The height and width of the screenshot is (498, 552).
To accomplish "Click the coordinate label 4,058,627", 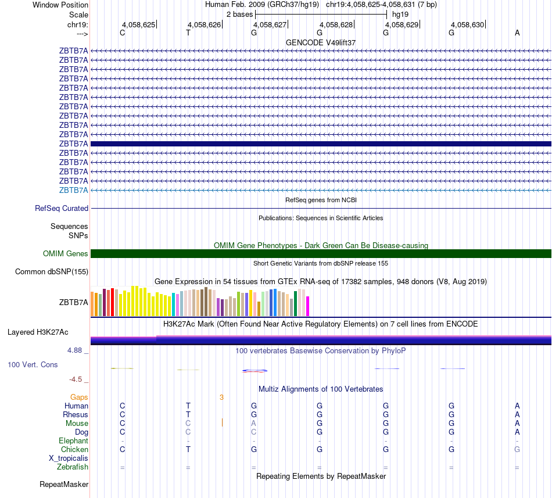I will (270, 25).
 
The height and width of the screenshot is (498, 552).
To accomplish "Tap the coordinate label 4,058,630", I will (467, 25).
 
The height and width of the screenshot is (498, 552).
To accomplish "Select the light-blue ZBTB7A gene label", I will (73, 190).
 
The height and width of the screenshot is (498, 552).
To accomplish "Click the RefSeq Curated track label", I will (62, 208).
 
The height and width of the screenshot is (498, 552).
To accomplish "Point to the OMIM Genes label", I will (66, 253).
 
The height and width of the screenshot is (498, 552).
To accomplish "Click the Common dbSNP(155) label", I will (52, 271).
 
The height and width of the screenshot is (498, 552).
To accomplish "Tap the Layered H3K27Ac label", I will (38, 332).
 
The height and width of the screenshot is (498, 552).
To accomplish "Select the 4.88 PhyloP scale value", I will (76, 350).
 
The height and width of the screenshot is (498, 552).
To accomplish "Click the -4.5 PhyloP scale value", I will (76, 379).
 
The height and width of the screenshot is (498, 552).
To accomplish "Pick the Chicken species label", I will (74, 449).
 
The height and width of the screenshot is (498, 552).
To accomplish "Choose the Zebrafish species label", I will (73, 467).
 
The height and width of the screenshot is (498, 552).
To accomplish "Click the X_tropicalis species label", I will (69, 458).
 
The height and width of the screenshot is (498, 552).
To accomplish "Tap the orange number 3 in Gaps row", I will (221, 397).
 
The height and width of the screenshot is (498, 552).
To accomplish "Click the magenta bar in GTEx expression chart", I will (308, 306).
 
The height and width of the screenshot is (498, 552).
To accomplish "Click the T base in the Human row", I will (188, 406).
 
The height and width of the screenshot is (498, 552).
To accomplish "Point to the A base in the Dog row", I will (517, 432).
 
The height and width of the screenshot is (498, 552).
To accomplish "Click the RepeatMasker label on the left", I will (64, 484).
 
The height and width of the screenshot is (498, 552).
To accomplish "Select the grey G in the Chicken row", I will (517, 449).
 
